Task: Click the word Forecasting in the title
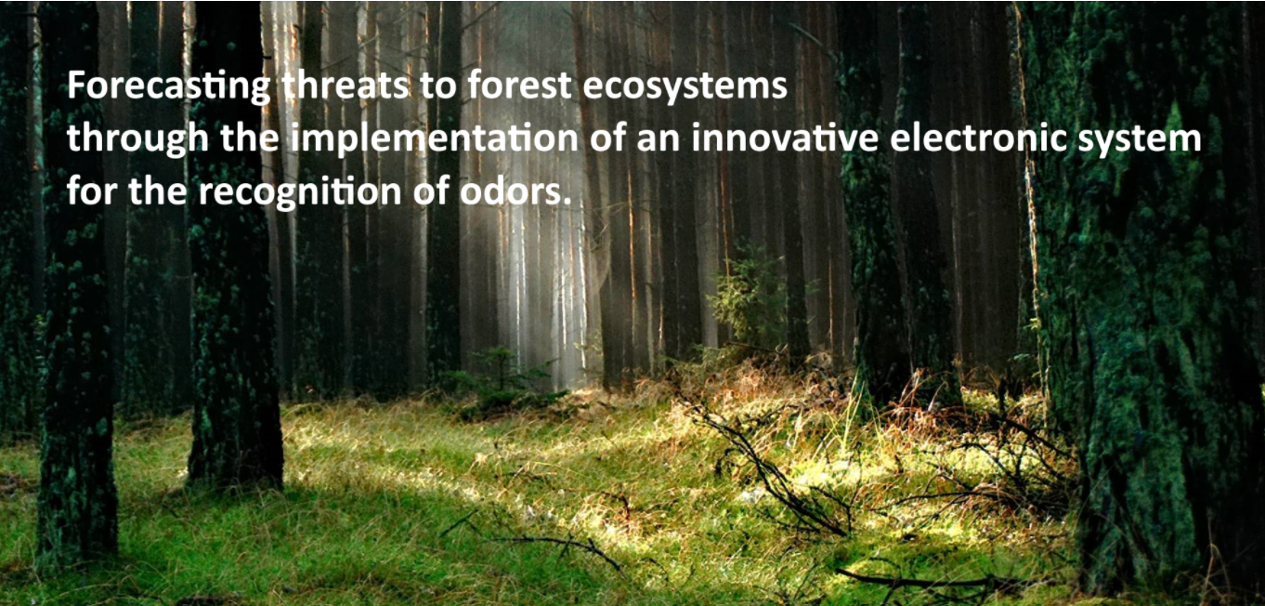(x=169, y=87)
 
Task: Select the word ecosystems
(x=685, y=87)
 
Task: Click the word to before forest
(x=437, y=86)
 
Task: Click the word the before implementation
(x=250, y=138)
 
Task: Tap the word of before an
(x=607, y=138)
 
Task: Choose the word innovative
(x=785, y=138)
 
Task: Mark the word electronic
(x=978, y=138)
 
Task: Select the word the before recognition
(x=158, y=191)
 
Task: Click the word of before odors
(x=431, y=191)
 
